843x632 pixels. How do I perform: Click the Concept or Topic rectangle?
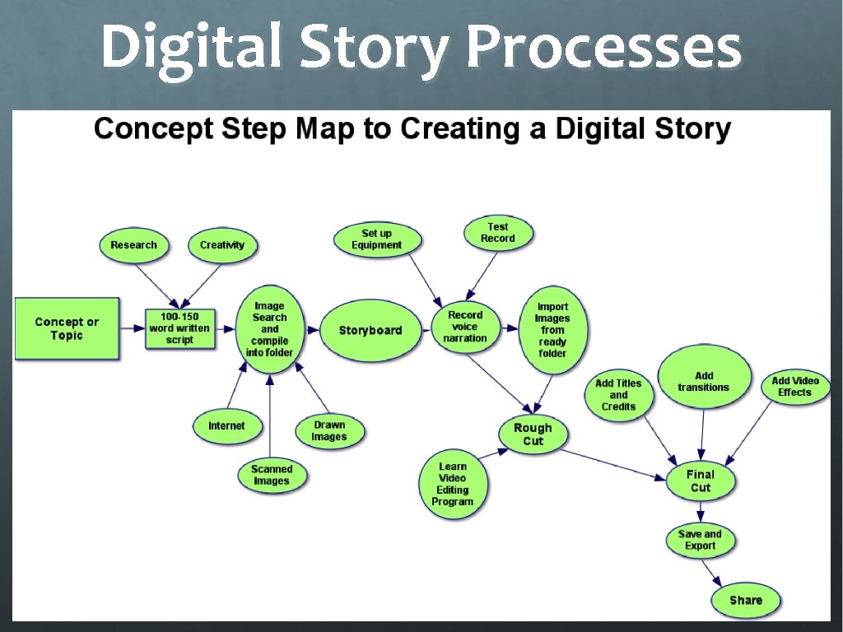coord(67,328)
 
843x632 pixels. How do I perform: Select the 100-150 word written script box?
coord(179,328)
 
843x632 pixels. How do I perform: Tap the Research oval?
coord(133,244)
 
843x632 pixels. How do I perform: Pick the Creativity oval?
coord(222,244)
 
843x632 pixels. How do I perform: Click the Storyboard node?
coord(370,330)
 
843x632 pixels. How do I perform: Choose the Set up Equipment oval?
coord(377,239)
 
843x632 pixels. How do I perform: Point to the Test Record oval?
coord(497,233)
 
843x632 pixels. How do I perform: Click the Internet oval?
coord(226,425)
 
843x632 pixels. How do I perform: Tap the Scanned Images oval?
coord(272,475)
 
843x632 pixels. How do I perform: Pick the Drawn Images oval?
coord(329,430)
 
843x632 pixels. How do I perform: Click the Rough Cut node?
coord(533,434)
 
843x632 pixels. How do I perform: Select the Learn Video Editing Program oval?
coord(453,484)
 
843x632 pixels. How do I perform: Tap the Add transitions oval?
coord(703,381)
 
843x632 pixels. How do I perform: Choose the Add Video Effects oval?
coord(794,387)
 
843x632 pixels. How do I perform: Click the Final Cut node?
coord(701,481)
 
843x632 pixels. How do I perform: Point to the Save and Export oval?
coord(701,540)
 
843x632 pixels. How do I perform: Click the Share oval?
coord(745,600)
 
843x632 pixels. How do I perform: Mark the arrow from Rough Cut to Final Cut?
coord(617,462)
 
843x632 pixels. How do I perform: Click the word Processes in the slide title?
coord(603,49)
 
